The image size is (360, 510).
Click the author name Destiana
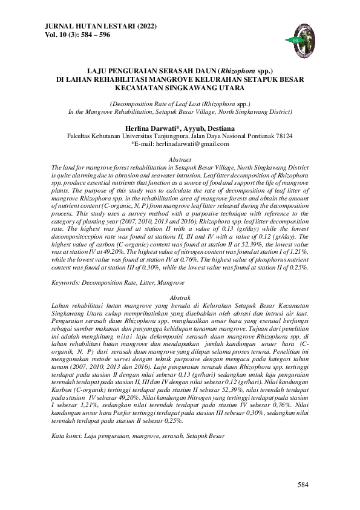[x=217, y=128]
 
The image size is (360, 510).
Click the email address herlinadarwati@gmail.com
[x=188, y=144]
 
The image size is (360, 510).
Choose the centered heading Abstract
[x=180, y=159]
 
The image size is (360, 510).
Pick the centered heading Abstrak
[x=180, y=299]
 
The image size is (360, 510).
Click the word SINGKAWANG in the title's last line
[x=207, y=86]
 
